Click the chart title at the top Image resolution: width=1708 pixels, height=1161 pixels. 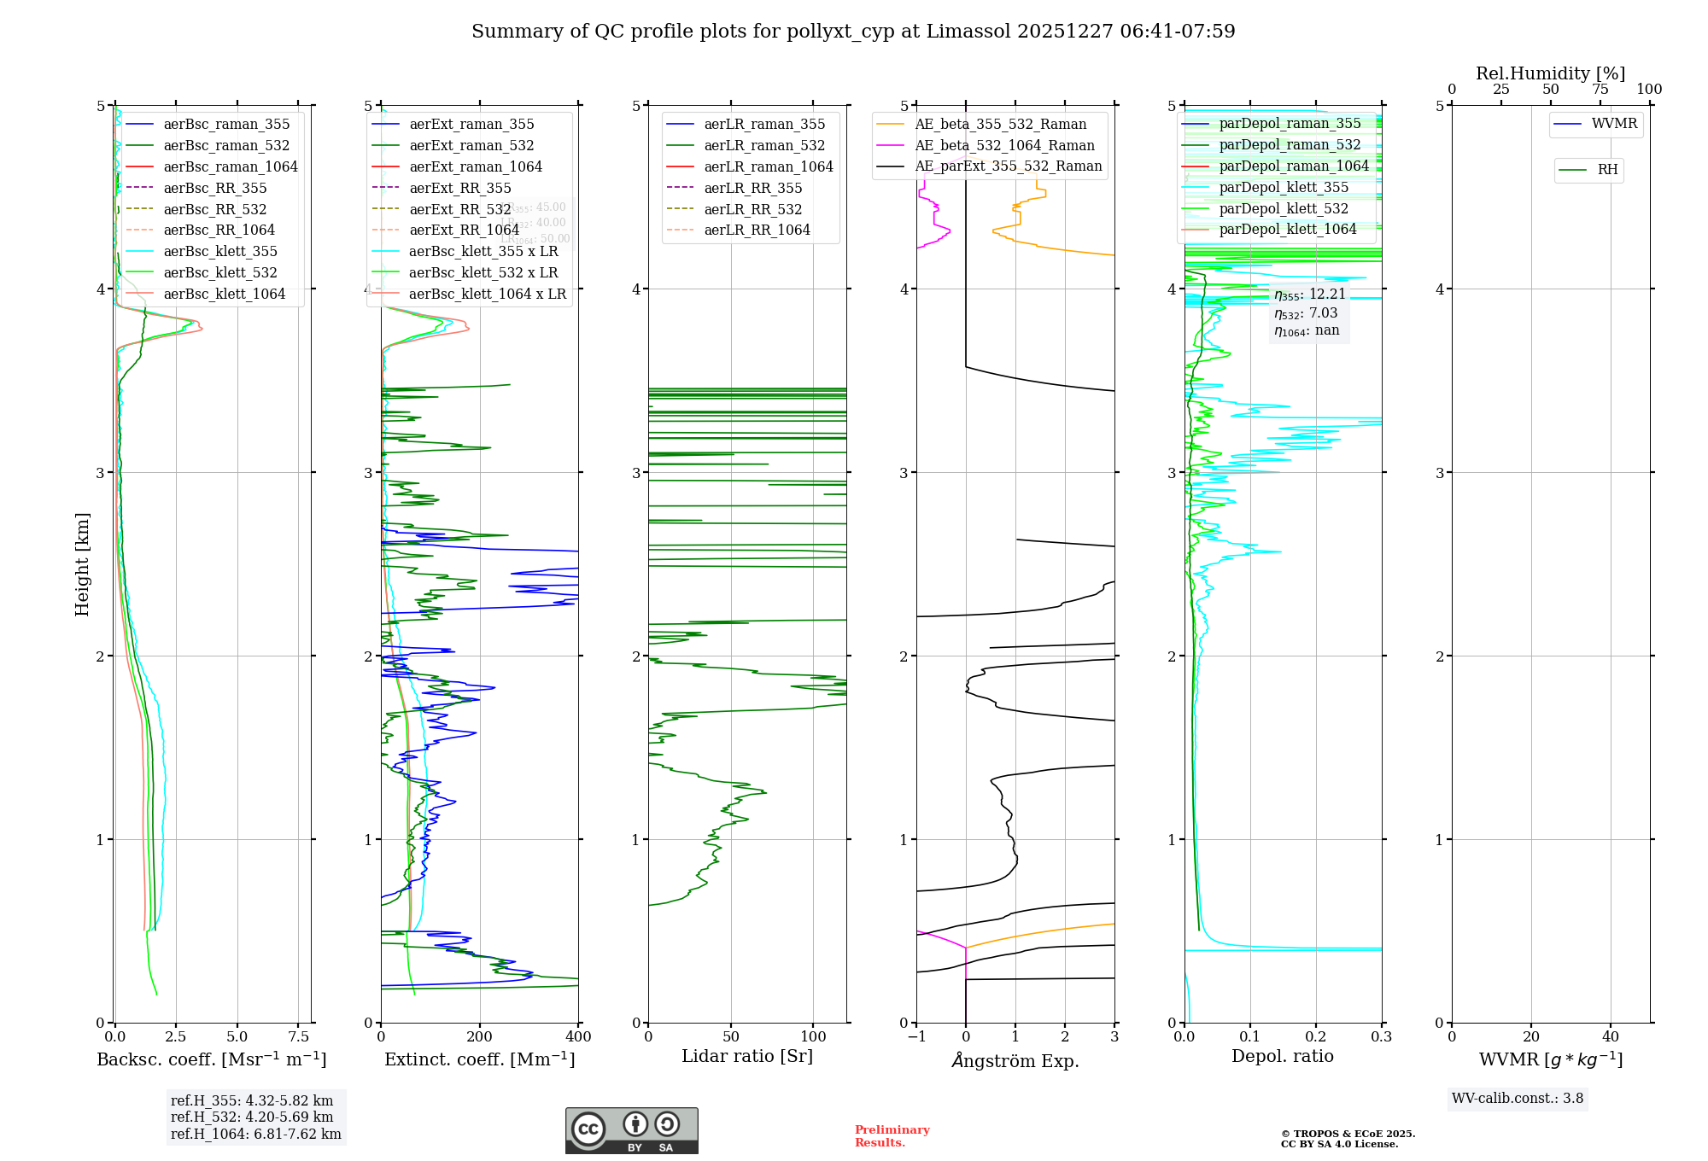click(x=853, y=32)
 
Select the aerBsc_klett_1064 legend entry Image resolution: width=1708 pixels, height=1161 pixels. click(x=224, y=294)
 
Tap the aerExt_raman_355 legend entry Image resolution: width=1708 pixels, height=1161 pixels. click(x=471, y=125)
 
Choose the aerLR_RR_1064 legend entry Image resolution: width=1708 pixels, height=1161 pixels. click(x=757, y=230)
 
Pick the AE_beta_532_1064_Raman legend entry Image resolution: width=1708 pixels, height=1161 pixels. click(x=1004, y=145)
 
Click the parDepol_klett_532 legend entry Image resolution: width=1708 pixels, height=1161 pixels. click(x=1284, y=208)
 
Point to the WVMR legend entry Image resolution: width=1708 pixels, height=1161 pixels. click(x=1613, y=124)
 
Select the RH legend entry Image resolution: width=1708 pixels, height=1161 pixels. click(x=1607, y=170)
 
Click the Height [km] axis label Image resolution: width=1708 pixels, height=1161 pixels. click(x=82, y=564)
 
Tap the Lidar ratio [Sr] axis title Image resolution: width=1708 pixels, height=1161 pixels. click(x=747, y=1056)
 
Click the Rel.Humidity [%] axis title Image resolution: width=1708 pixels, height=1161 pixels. click(x=1550, y=73)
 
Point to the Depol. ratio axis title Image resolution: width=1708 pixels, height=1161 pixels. click(x=1282, y=1056)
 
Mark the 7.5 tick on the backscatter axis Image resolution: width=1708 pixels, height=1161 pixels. click(x=298, y=1036)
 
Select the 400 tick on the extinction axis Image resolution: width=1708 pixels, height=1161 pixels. click(x=578, y=1036)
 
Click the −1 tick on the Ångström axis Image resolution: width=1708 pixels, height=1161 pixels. click(x=916, y=1036)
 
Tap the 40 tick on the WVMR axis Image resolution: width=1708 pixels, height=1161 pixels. click(x=1610, y=1036)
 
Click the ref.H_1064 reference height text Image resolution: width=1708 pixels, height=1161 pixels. click(x=255, y=1134)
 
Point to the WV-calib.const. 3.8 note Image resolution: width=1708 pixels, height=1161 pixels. click(x=1518, y=1098)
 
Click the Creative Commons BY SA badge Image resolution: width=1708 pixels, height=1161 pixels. click(x=631, y=1130)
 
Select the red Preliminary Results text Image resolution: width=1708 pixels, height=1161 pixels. click(x=892, y=1135)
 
